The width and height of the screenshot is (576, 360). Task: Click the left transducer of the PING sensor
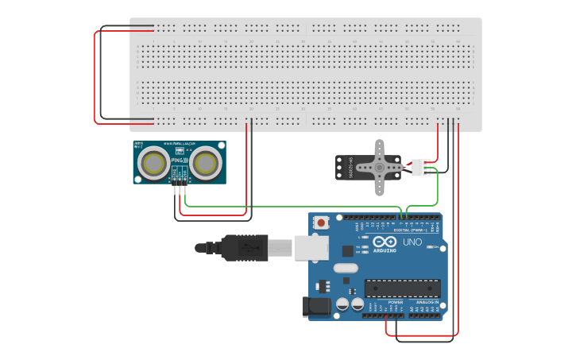click(153, 164)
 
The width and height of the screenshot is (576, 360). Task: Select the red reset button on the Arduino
click(321, 223)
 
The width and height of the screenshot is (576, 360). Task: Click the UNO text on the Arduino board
click(413, 242)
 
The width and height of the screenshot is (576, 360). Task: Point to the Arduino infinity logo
click(387, 242)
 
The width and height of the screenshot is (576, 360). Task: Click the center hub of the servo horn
click(380, 168)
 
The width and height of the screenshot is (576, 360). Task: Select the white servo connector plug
click(421, 168)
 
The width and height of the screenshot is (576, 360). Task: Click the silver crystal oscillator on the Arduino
click(346, 268)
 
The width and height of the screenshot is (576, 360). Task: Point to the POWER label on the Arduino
click(395, 302)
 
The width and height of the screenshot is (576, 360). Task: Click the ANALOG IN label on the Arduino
click(427, 302)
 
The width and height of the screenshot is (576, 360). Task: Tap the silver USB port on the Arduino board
click(311, 248)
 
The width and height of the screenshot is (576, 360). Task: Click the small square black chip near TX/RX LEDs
click(347, 250)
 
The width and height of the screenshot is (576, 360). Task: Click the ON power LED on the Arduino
click(430, 247)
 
